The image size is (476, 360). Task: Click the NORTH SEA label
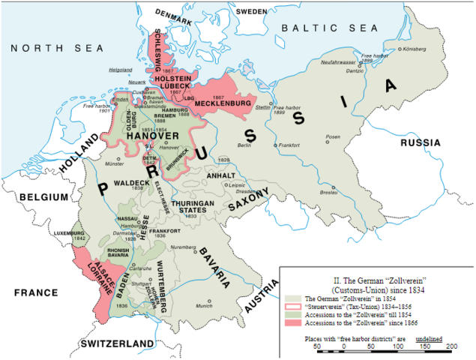tap(45, 49)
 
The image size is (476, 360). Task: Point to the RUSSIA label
tap(424, 142)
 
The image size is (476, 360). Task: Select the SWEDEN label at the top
tap(252, 12)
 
